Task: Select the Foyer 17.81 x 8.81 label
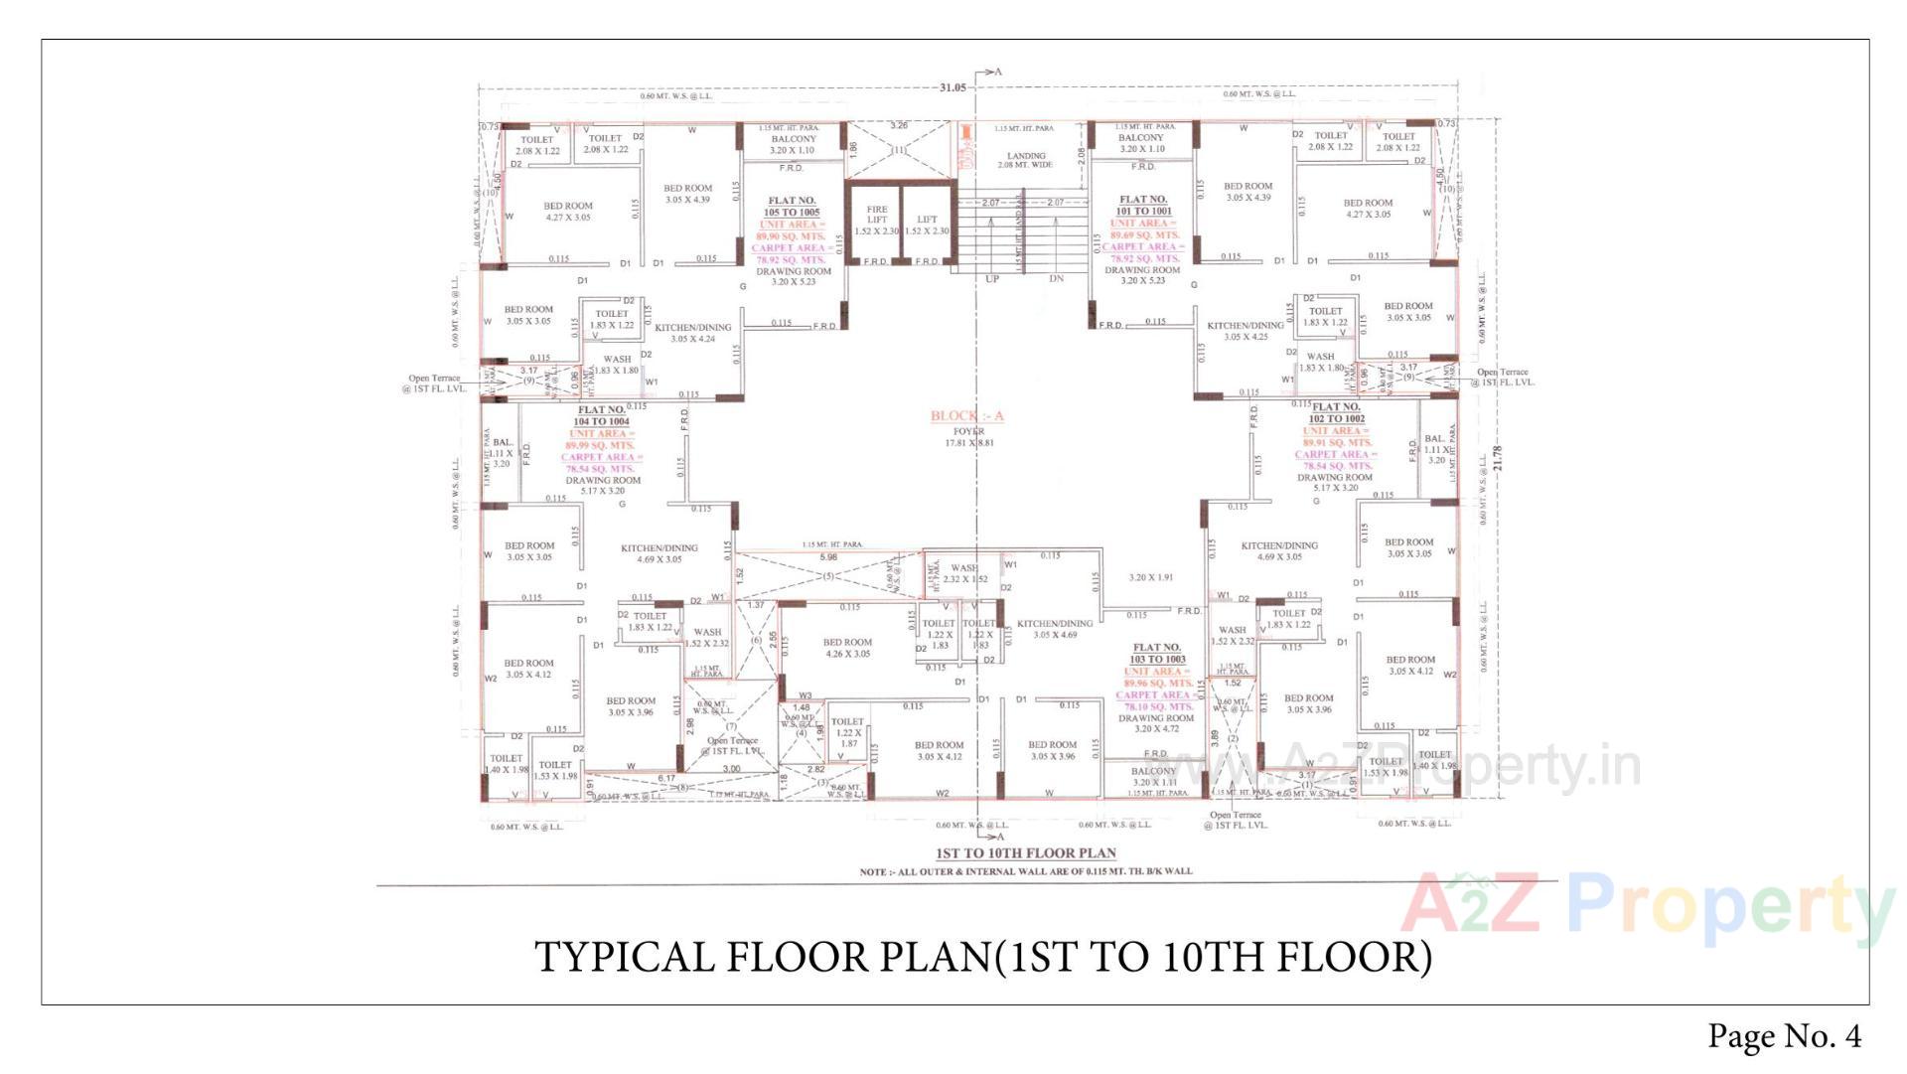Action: pos(968,437)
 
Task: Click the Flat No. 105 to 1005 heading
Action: pos(792,207)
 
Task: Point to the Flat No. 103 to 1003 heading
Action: pos(1157,654)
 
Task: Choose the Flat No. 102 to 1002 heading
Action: pos(1337,413)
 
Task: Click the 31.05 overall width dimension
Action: pos(952,88)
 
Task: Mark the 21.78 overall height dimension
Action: pos(1498,458)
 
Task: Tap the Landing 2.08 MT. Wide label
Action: pos(1026,160)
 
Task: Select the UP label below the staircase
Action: pos(991,279)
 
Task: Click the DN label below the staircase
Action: pos(1056,279)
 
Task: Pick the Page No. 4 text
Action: pos(1784,1036)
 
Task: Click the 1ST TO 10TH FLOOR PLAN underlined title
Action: pos(1026,853)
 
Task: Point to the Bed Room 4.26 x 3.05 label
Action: pos(847,648)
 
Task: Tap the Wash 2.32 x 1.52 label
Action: pos(964,573)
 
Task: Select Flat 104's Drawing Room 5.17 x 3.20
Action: pos(603,485)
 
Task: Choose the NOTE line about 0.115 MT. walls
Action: pos(1026,872)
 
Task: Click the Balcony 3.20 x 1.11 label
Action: pos(1153,777)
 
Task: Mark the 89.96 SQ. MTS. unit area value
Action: pos(1158,684)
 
